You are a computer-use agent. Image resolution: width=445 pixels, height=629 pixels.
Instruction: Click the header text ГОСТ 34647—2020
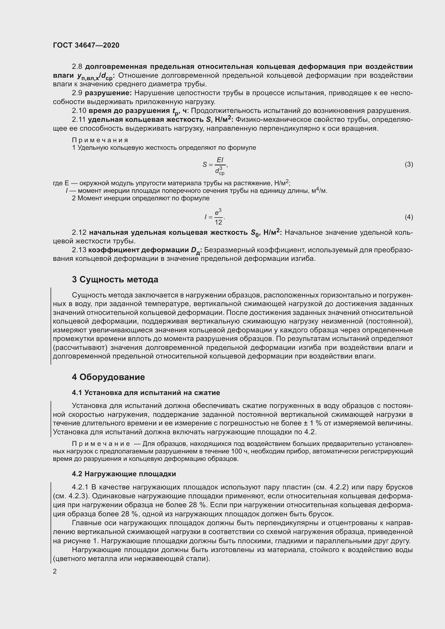pos(86,45)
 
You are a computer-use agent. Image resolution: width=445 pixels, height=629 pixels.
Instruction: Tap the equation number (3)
pos(409,164)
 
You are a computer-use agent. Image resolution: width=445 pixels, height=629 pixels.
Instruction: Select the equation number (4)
pos(409,217)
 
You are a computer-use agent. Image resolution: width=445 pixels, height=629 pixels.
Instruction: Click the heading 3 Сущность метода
pos(115,279)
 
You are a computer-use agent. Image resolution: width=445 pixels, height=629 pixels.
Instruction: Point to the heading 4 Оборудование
pos(108,377)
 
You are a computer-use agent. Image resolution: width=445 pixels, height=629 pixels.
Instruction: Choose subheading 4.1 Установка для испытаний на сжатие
pos(146,393)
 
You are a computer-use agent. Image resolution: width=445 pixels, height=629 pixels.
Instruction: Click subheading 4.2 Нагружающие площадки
pos(124,474)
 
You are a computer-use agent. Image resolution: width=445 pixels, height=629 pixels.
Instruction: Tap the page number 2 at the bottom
pos(55,571)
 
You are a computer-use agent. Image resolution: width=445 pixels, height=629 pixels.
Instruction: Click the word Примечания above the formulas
pos(100,140)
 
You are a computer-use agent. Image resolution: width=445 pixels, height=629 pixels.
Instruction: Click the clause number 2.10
pos(79,111)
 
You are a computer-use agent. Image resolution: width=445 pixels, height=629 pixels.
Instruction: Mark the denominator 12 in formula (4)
pos(218,222)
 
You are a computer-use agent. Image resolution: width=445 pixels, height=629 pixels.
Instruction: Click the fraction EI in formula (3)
pos(220,160)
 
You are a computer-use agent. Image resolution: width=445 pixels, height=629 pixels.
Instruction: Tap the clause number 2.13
pos(79,250)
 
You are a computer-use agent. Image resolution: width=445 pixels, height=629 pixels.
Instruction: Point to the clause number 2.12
pos(79,233)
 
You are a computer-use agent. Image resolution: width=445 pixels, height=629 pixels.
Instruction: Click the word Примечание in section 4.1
pos(101,443)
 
